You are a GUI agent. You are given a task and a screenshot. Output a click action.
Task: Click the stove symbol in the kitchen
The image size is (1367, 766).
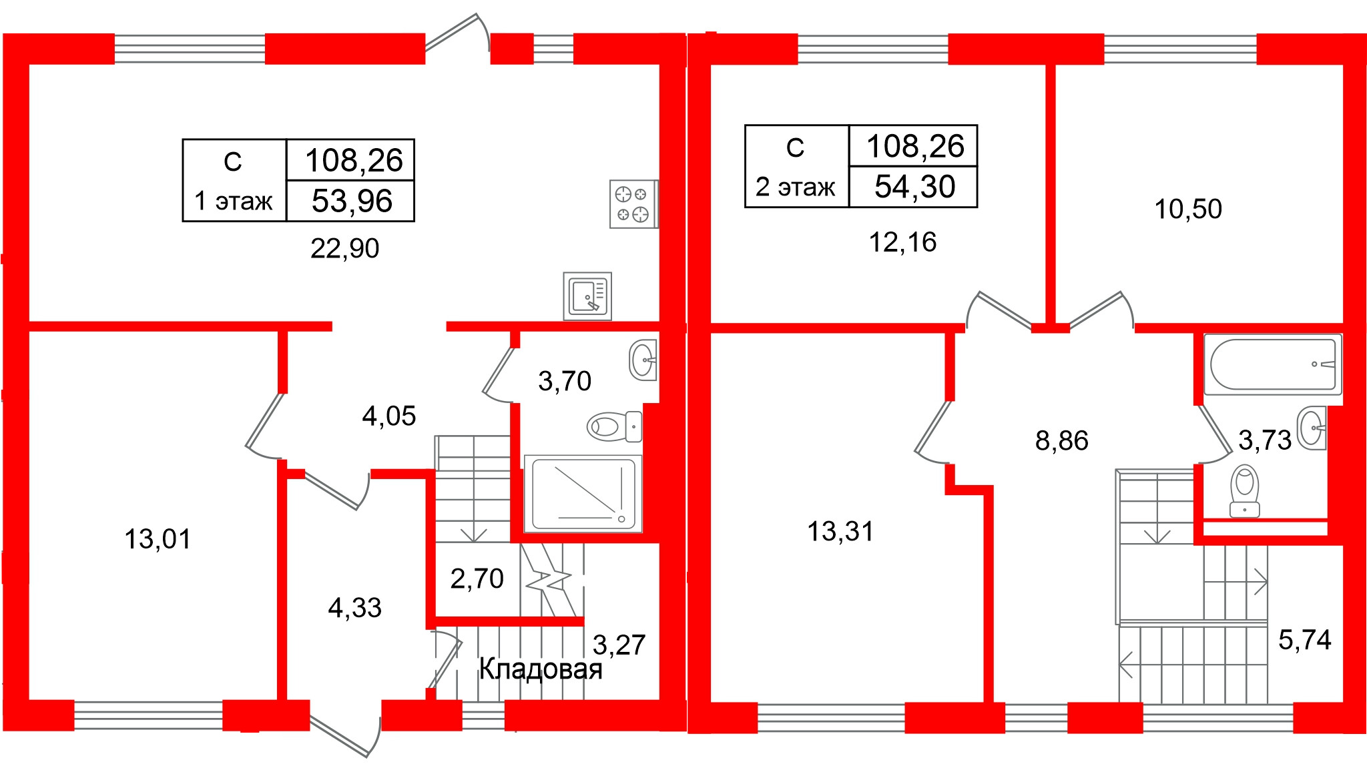click(633, 204)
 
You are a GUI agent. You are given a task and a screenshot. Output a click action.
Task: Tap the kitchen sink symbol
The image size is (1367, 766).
click(587, 296)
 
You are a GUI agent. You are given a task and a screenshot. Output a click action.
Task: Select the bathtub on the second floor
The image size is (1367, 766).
click(1272, 364)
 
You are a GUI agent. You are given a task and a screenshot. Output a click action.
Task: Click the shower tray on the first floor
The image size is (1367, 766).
click(583, 493)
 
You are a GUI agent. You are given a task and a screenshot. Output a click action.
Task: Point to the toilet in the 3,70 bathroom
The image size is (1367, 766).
click(614, 426)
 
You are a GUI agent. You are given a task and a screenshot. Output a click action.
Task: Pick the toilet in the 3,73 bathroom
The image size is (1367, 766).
click(1245, 490)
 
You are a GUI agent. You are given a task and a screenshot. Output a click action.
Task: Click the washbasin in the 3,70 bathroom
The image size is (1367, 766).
click(643, 360)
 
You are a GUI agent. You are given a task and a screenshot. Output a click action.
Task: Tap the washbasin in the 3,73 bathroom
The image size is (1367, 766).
click(1312, 427)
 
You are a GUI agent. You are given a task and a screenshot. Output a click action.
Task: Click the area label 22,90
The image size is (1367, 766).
click(344, 248)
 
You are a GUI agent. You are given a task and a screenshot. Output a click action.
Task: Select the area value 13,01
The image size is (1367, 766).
click(158, 538)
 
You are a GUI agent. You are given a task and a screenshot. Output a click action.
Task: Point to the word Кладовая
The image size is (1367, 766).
click(541, 669)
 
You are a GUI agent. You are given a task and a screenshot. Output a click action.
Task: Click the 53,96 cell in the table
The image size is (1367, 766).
click(351, 201)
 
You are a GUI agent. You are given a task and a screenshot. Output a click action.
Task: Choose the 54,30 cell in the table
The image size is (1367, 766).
click(914, 186)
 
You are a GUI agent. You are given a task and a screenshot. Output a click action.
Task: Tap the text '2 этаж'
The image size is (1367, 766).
click(795, 187)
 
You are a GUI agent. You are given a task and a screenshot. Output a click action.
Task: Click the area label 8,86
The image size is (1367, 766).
click(1061, 440)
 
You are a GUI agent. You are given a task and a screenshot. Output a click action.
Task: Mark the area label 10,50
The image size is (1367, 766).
click(1188, 209)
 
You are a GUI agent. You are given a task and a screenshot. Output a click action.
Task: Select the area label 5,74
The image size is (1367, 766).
click(1304, 640)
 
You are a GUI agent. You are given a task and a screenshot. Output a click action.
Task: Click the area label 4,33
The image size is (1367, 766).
click(354, 608)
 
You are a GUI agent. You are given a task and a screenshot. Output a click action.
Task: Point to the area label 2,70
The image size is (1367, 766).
click(477, 579)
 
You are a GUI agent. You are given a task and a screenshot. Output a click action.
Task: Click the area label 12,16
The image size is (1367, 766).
click(902, 242)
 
